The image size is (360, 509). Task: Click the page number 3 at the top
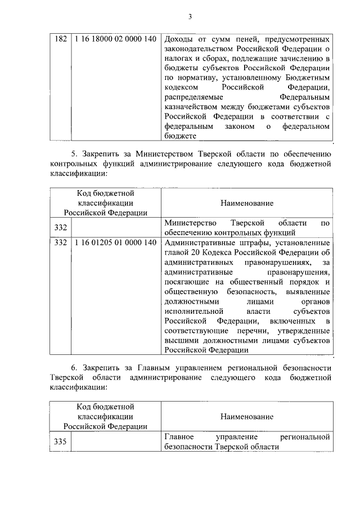190,16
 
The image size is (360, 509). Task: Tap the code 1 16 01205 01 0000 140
115,242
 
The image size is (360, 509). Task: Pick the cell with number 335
60,442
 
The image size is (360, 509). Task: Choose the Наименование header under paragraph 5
247,203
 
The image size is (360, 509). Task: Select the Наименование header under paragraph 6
247,416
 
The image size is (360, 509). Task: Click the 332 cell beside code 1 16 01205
60,242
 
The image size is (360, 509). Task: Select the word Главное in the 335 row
179,436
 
